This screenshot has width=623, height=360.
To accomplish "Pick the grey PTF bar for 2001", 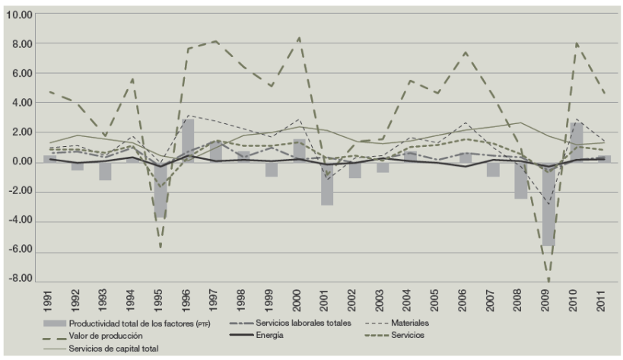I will (326, 183).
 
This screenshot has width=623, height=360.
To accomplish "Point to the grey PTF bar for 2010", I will (577, 142).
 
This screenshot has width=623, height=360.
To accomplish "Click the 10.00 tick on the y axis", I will (24, 15).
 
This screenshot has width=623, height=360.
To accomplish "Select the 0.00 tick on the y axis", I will (24, 162).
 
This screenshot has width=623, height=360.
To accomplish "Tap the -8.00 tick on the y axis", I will (24, 279).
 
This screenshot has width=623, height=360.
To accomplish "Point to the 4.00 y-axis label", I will (24, 103).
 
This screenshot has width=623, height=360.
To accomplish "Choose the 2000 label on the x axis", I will (299, 301).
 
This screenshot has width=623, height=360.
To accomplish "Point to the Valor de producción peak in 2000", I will (299, 37).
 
